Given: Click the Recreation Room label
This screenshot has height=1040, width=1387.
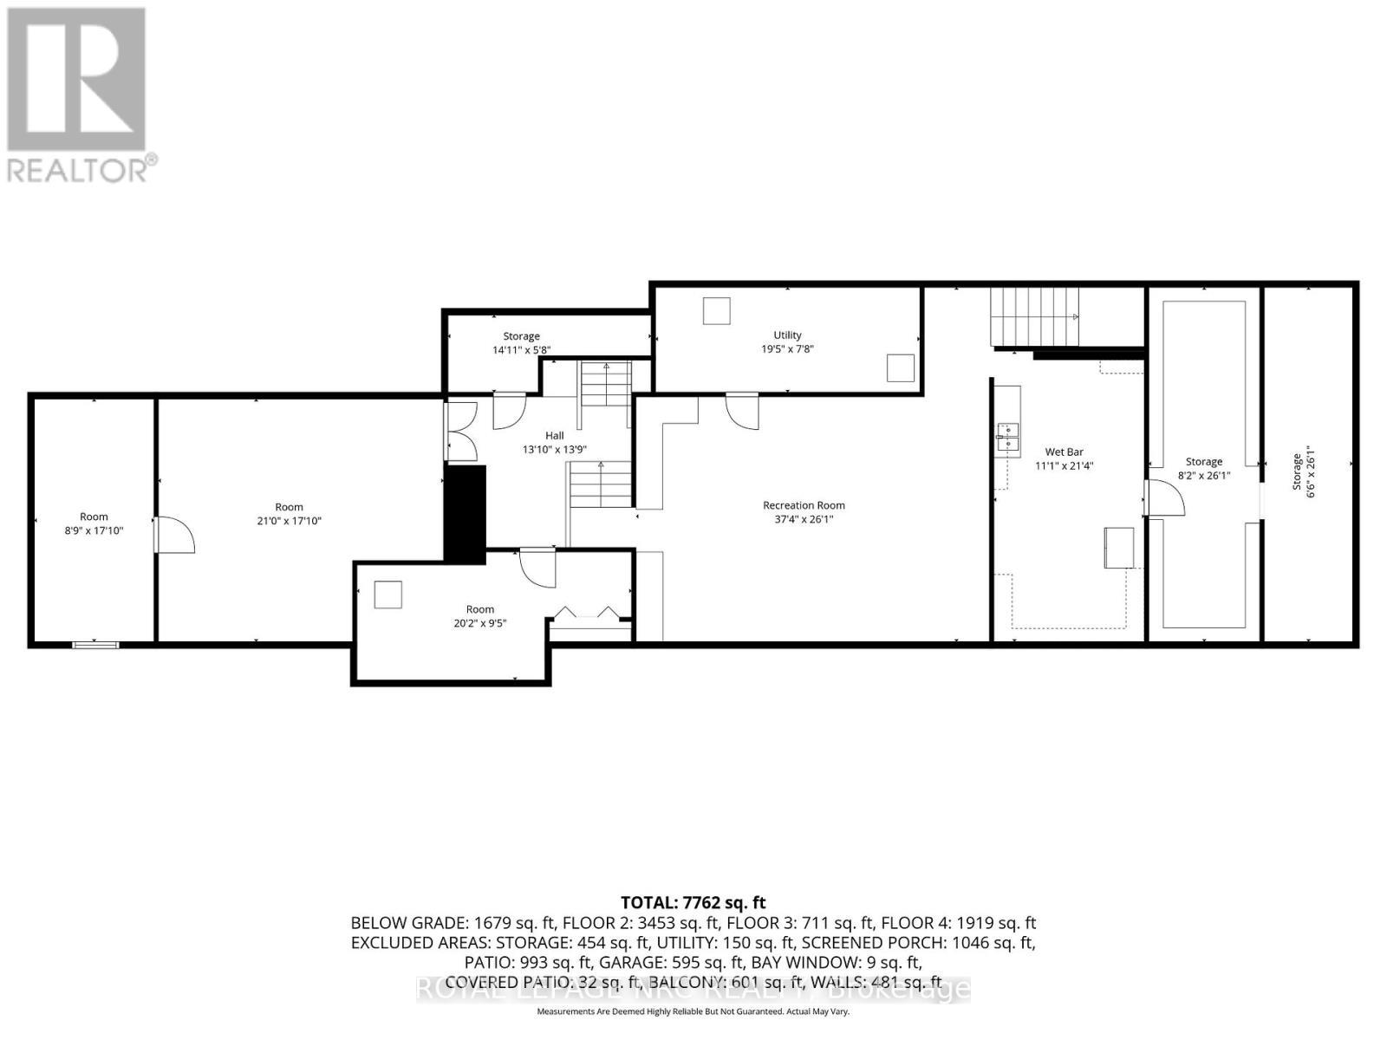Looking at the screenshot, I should point(804,505).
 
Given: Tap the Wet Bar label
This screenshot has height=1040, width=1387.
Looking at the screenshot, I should point(1064,452).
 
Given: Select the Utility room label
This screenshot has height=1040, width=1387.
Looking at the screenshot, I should point(787,335).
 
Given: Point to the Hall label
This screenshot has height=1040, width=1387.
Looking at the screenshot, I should point(554,436).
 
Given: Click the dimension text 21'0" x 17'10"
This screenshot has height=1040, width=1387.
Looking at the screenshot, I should point(289,521).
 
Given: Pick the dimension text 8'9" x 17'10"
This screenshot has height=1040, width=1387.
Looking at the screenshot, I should point(94,530).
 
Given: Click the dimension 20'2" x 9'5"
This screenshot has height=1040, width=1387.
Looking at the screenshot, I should point(479,622).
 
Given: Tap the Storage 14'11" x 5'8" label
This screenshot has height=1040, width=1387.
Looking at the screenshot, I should point(521,343).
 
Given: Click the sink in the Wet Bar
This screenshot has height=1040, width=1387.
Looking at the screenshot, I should point(1007,436).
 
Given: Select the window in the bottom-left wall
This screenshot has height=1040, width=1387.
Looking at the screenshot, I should point(95,644).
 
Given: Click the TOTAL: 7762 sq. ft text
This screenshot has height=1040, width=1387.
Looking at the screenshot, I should point(693,903).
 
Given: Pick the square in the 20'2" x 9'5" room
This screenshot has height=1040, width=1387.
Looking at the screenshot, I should point(387,594).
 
